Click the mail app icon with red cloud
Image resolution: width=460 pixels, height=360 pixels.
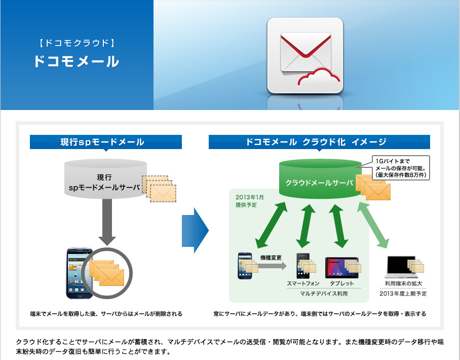305,55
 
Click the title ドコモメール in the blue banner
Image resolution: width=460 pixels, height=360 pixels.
76,61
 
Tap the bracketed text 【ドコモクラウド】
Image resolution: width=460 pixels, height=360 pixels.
76,43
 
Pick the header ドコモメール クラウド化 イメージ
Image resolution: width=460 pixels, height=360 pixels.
319,142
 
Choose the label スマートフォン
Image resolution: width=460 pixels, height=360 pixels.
303,284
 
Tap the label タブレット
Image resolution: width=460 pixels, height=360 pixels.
342,284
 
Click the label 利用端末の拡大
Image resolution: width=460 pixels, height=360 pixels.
403,284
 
